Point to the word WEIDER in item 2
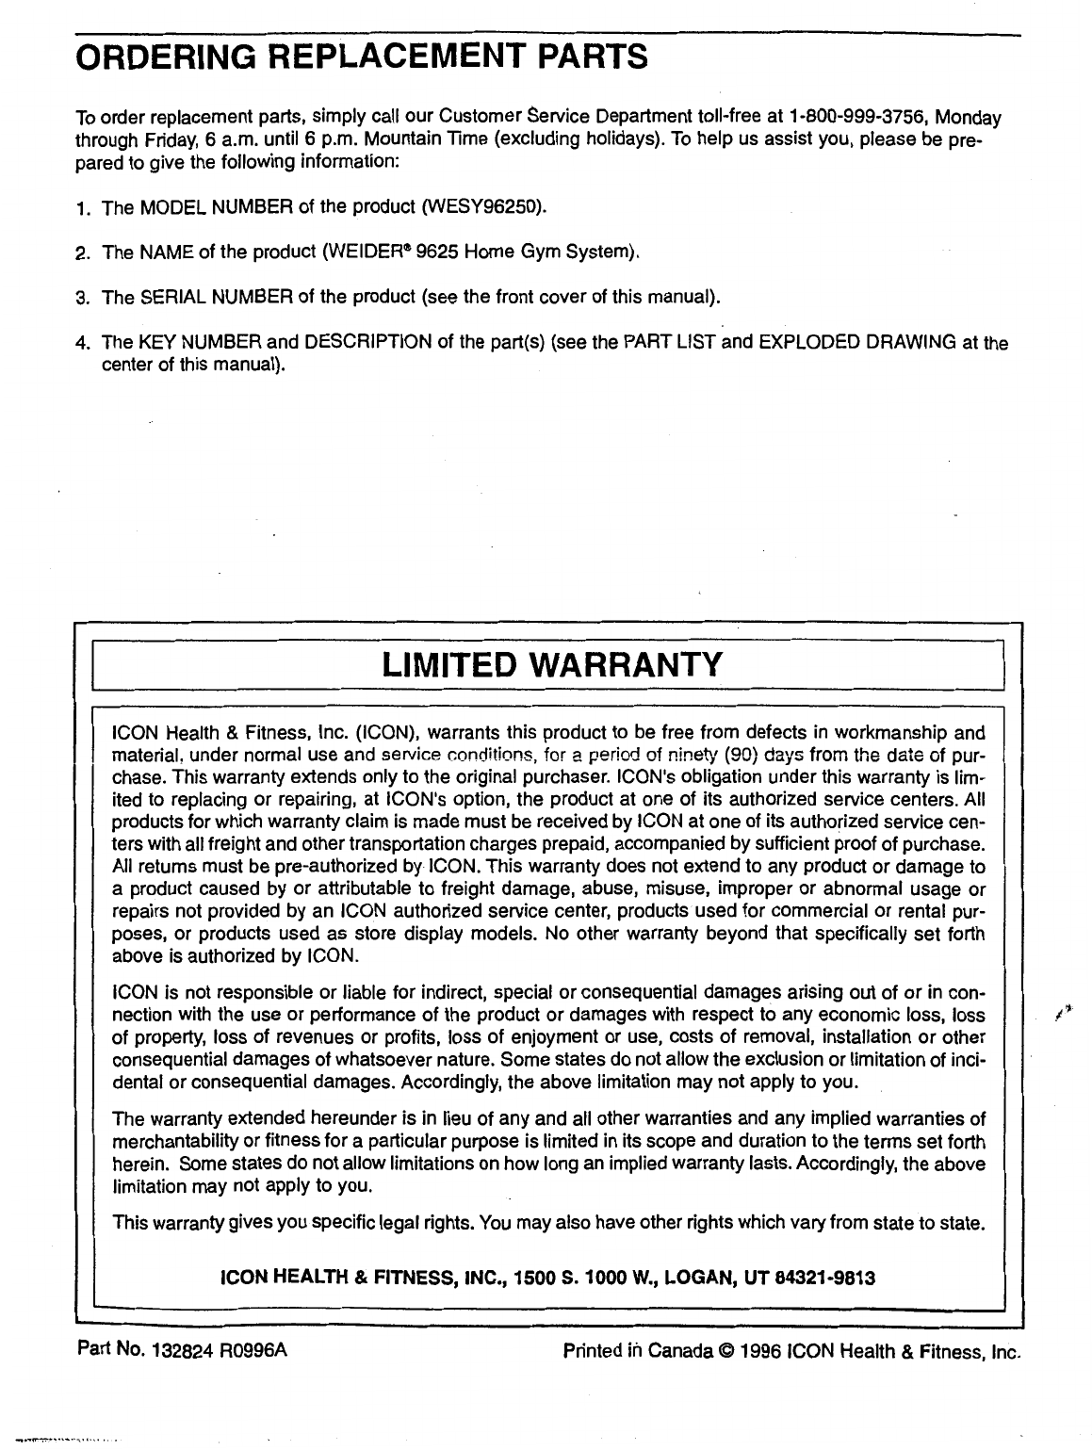pos(362,253)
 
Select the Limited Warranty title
pos(552,663)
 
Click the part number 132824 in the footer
pos(173,1351)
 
